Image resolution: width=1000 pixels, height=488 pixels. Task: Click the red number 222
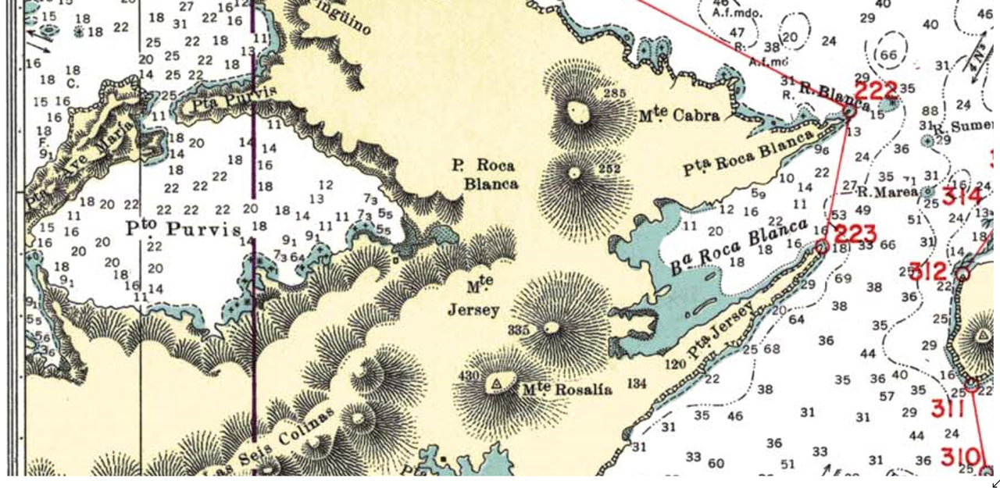[876, 91]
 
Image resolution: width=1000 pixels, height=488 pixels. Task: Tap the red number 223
[855, 233]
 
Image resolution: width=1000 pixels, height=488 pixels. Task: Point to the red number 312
[928, 272]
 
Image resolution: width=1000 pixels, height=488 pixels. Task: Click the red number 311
[947, 408]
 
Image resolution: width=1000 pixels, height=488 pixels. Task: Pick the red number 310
[960, 456]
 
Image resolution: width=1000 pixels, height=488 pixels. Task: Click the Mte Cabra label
[679, 116]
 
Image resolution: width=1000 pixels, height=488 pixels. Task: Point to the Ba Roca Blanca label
[738, 247]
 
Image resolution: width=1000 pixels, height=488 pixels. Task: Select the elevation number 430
[468, 376]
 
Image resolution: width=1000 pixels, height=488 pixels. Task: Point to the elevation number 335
[518, 330]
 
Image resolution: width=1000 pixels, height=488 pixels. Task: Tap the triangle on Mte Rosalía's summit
[495, 383]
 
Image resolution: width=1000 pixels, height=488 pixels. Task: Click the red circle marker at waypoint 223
[822, 248]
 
